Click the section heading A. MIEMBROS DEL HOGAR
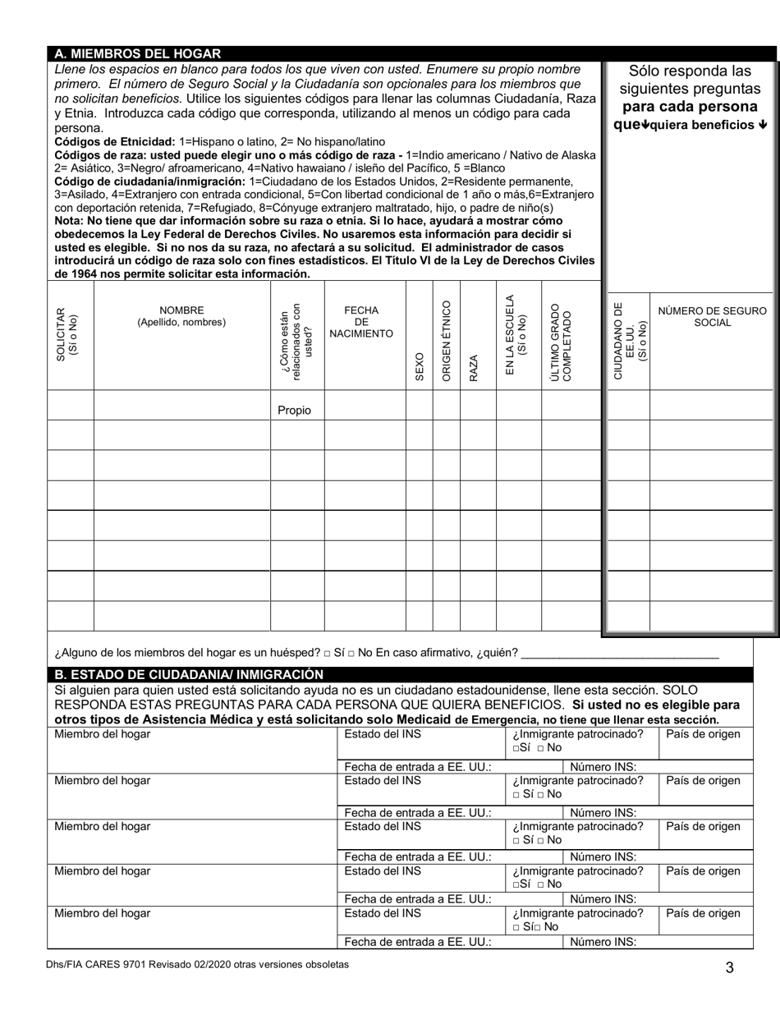pyautogui.click(x=137, y=54)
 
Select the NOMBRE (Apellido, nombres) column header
pyautogui.click(x=181, y=317)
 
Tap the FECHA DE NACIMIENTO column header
pyautogui.click(x=361, y=322)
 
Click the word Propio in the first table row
pyautogui.click(x=294, y=411)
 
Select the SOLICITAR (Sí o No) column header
pyautogui.click(x=67, y=335)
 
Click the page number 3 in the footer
pyautogui.click(x=729, y=967)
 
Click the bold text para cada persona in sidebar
pyautogui.click(x=690, y=107)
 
